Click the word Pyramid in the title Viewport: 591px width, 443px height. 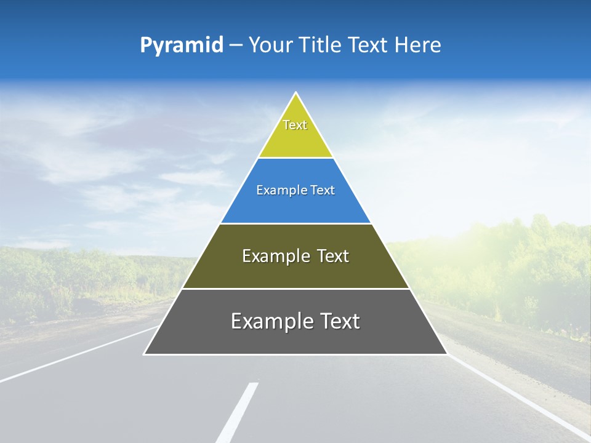(181, 46)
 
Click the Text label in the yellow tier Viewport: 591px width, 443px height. (295, 125)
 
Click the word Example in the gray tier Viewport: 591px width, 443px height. (270, 321)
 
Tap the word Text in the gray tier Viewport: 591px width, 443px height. (337, 321)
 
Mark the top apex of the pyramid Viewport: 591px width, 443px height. (296, 93)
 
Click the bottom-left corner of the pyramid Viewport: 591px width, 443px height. (145, 354)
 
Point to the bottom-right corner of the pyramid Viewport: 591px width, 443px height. (446, 354)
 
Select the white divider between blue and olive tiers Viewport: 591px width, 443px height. (295, 223)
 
